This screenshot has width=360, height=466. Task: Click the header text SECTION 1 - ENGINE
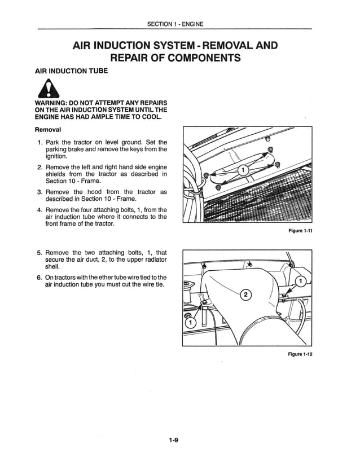(x=174, y=24)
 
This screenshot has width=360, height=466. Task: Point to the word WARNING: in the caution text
(x=55, y=103)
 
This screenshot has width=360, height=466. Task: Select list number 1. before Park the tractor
(x=40, y=142)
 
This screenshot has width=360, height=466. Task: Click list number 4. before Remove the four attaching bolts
(x=40, y=210)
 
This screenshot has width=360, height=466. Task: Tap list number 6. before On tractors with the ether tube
(x=40, y=277)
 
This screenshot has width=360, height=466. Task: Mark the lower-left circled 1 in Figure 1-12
(x=190, y=322)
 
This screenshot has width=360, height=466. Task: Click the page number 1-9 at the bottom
(x=174, y=442)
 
